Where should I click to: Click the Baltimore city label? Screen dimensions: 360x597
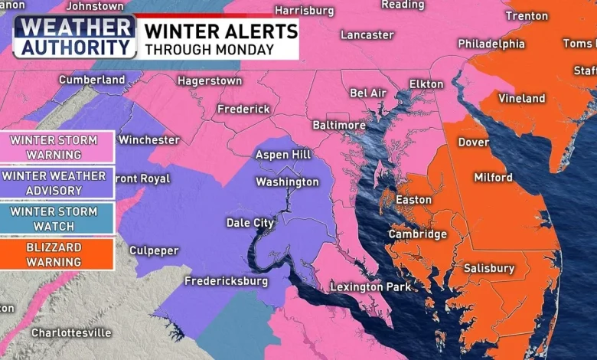point(339,125)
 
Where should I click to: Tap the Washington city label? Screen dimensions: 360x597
point(287,182)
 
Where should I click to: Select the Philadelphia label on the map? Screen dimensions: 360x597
point(491,44)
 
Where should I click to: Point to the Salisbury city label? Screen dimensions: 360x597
point(489,269)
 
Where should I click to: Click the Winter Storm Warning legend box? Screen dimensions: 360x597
point(58,146)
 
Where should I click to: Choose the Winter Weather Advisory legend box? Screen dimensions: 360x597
point(58,182)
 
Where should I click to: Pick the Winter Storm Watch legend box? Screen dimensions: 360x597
point(58,218)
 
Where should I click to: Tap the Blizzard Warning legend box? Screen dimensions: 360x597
point(58,254)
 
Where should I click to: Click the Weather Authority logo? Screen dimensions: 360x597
point(74,37)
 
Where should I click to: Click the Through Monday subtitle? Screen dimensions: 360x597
point(209,50)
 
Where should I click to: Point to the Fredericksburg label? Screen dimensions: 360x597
point(227,282)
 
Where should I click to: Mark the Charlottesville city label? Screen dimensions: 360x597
point(71,333)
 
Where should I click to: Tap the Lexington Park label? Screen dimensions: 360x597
point(370,287)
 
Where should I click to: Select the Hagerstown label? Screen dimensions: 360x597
point(210,81)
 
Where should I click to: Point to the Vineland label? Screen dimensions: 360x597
point(522,99)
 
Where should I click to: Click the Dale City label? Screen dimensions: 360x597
point(250,223)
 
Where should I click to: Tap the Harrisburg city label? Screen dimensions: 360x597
point(304,11)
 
